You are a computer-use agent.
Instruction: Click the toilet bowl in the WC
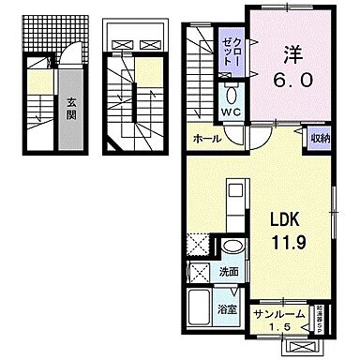point(232,97)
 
